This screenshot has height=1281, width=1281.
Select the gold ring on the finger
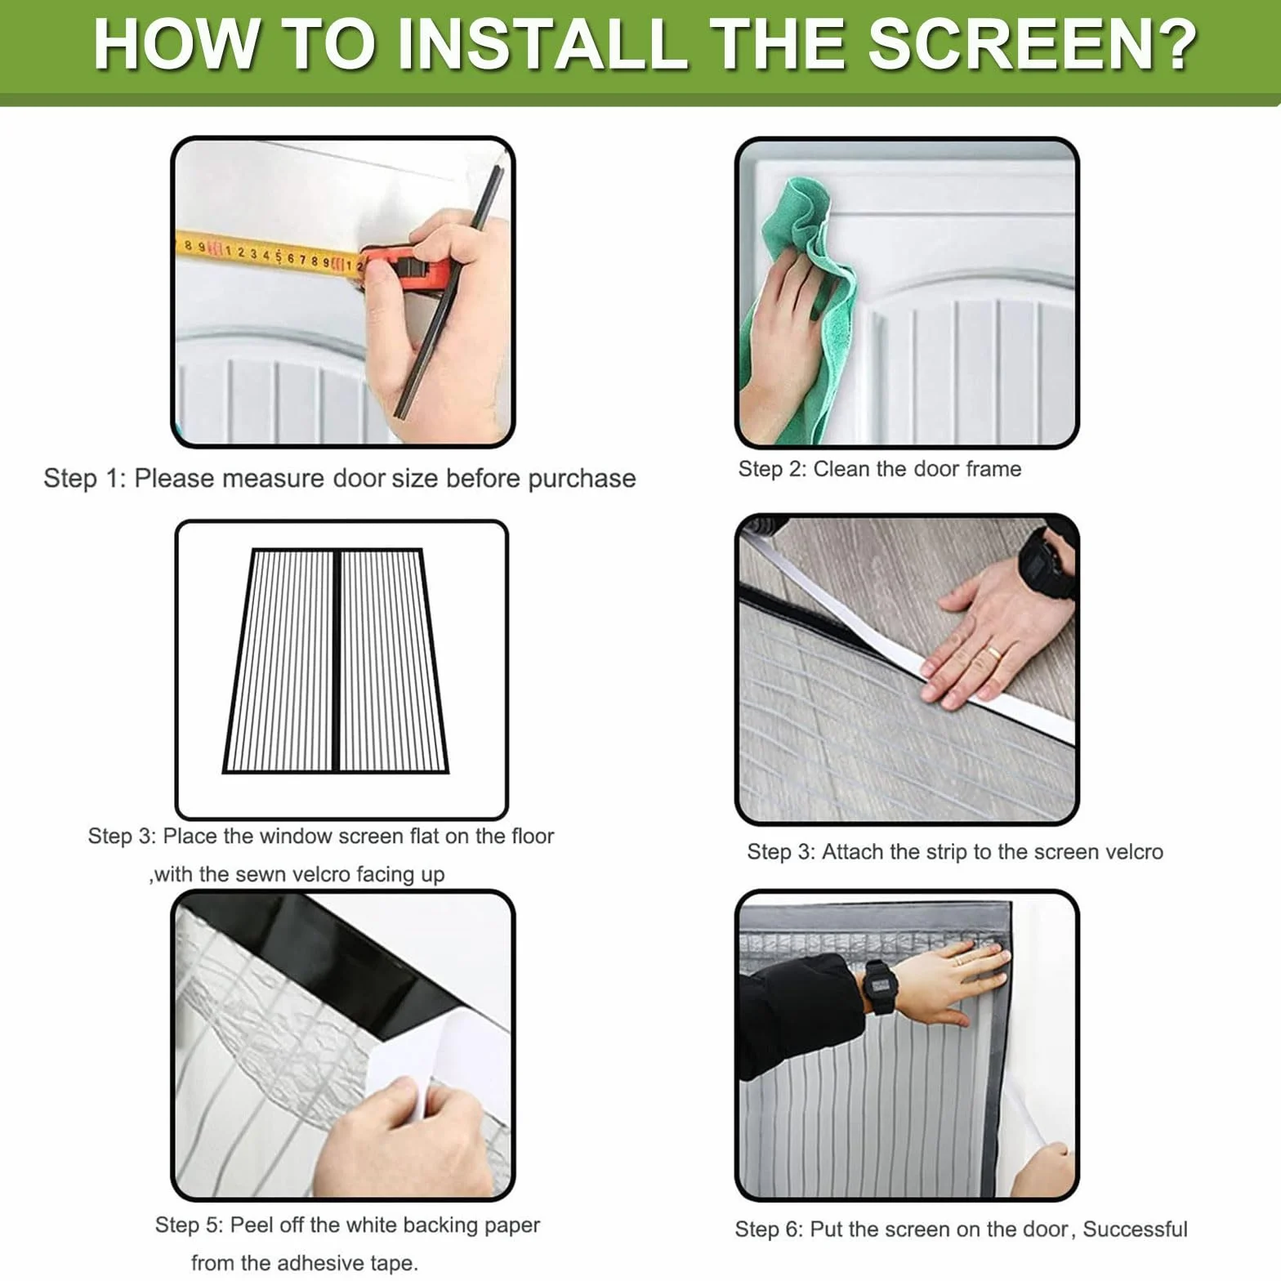(993, 653)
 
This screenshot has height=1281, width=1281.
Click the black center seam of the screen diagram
(336, 660)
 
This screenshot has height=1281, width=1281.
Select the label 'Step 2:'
(772, 469)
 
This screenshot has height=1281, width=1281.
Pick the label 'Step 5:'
(189, 1225)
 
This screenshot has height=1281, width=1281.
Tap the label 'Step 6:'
(769, 1229)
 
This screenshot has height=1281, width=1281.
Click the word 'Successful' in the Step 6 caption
(1135, 1229)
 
